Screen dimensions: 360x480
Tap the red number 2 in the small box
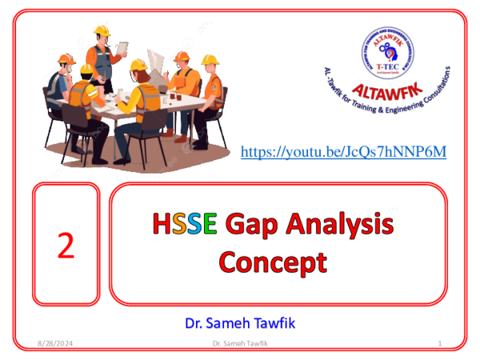66,246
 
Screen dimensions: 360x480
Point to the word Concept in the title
274,262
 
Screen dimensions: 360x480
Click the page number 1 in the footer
441,343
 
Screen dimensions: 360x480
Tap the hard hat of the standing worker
101,30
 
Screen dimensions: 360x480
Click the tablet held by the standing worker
121,49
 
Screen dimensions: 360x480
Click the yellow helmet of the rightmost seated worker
210,60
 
